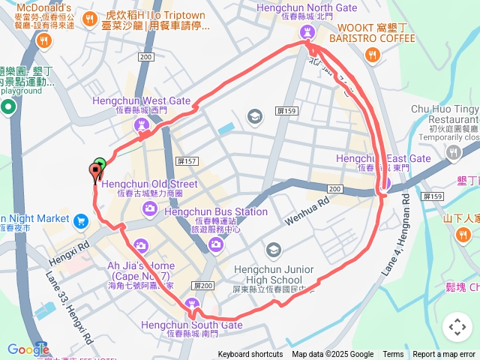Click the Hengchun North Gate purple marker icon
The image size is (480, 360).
306,32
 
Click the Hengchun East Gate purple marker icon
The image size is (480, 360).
385,181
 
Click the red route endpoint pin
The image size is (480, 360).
94,172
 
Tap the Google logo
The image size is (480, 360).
28,349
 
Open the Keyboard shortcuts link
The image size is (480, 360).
250,355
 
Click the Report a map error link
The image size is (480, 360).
445,355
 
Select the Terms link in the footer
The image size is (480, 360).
393,355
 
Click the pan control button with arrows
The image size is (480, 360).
457,327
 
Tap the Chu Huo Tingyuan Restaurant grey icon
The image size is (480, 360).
453,153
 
